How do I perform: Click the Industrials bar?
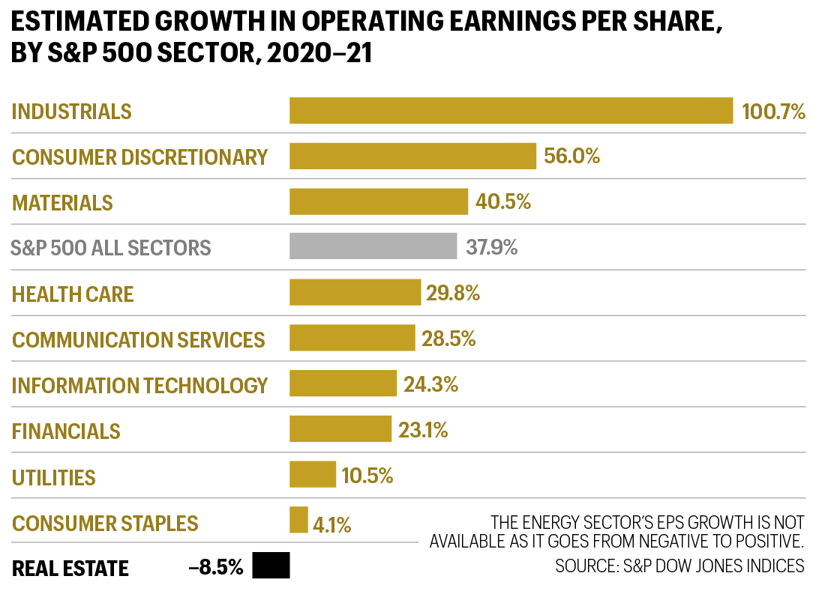(x=511, y=111)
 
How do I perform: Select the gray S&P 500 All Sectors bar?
(x=373, y=246)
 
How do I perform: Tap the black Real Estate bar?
(x=271, y=566)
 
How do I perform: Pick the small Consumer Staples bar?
(x=298, y=520)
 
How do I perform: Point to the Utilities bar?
(x=313, y=475)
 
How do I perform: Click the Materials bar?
(x=379, y=201)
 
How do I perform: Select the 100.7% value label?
(x=772, y=112)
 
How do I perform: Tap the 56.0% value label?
(x=572, y=157)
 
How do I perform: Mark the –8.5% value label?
(x=216, y=568)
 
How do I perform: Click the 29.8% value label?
(x=453, y=293)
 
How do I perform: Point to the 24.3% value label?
(x=430, y=385)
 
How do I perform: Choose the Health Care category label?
(x=73, y=294)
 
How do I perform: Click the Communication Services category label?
(x=139, y=340)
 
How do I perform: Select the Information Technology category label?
(x=139, y=386)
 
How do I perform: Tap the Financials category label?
(x=66, y=431)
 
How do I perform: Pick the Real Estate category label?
(x=70, y=569)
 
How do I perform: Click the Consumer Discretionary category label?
(x=139, y=157)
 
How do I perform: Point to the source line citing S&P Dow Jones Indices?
(x=679, y=566)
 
